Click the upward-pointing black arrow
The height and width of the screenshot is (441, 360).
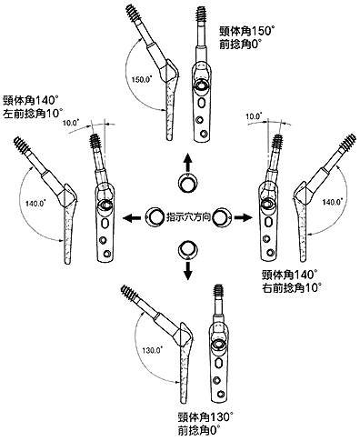click(x=188, y=163)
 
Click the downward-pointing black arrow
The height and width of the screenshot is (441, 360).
click(x=188, y=270)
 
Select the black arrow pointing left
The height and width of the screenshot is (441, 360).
click(x=132, y=217)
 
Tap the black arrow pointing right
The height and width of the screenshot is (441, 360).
click(x=244, y=217)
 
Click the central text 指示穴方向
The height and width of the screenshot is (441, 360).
click(x=188, y=217)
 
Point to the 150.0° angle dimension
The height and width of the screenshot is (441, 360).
click(x=142, y=80)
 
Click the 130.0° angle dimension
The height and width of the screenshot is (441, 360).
click(x=152, y=351)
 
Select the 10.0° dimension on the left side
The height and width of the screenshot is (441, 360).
click(x=70, y=123)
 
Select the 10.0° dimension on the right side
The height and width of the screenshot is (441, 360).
click(x=254, y=115)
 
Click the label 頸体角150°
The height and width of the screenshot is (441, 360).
click(x=247, y=31)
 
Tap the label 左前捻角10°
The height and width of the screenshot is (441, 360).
click(x=33, y=114)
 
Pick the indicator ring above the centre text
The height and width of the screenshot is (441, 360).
click(x=188, y=184)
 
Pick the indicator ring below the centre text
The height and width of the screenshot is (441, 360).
click(x=188, y=250)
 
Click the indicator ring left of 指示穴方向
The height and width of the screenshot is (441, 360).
click(x=155, y=217)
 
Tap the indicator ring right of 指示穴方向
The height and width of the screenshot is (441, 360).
click(x=222, y=217)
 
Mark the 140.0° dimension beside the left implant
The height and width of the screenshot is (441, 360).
click(x=35, y=203)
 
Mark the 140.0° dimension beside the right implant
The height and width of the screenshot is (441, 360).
click(x=333, y=201)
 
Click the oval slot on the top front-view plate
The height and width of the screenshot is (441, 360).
click(x=201, y=104)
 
